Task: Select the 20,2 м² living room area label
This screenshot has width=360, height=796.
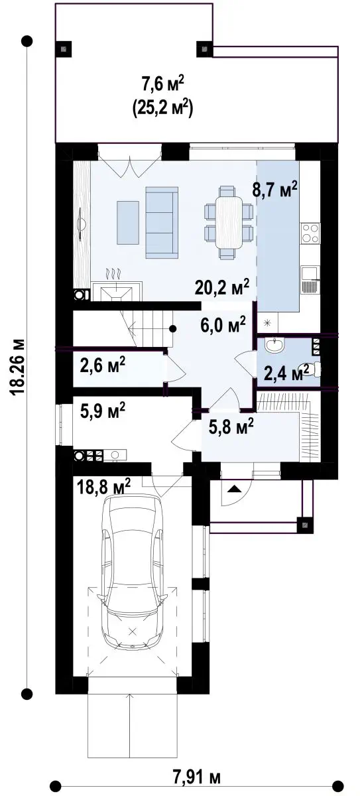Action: pyautogui.click(x=222, y=287)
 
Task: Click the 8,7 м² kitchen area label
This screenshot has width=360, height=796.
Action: pyautogui.click(x=274, y=189)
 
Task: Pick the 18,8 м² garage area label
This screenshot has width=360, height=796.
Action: pyautogui.click(x=103, y=486)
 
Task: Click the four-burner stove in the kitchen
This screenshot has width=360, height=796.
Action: pyautogui.click(x=310, y=233)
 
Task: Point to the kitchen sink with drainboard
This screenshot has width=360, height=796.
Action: pyautogui.click(x=310, y=280)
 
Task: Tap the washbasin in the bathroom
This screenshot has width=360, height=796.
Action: pyautogui.click(x=274, y=346)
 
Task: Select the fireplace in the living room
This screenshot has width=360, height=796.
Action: pyautogui.click(x=117, y=291)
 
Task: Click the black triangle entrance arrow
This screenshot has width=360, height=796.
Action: pyautogui.click(x=234, y=490)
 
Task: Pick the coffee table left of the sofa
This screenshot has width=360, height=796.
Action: pyautogui.click(x=127, y=222)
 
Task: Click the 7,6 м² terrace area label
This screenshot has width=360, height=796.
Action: pyautogui.click(x=163, y=84)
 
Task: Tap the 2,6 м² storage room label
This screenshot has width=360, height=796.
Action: pyautogui.click(x=102, y=365)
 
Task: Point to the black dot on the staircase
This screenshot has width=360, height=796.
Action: pyautogui.click(x=172, y=329)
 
